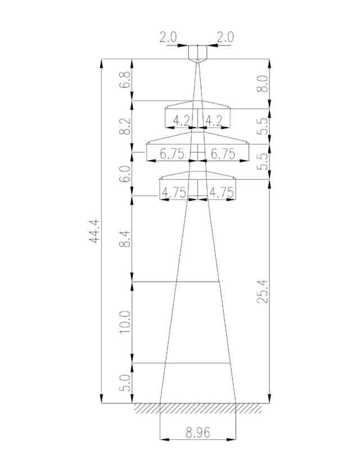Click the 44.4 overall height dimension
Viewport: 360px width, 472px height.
(94, 231)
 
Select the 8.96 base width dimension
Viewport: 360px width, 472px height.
(198, 433)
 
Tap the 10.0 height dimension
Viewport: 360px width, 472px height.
(125, 322)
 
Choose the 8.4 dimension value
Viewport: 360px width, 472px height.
(125, 239)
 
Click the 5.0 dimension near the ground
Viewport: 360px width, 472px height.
(125, 383)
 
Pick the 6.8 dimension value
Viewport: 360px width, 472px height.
(125, 80)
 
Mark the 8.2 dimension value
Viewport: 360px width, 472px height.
(125, 125)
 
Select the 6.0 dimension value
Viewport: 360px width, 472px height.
(125, 174)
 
